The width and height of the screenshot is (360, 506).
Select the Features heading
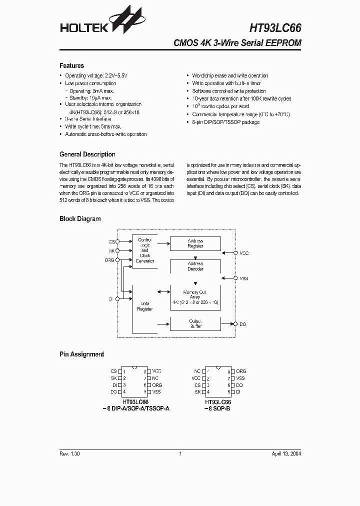point(71,65)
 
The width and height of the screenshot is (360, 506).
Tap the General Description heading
point(87,154)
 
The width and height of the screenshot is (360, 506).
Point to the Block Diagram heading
point(80,218)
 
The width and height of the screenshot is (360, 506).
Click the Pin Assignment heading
point(81,354)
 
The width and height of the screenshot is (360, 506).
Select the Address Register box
point(195,243)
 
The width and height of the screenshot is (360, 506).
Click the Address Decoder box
point(195,266)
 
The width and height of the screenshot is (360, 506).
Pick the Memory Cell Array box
point(195,297)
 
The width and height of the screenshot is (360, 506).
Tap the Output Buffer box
point(195,323)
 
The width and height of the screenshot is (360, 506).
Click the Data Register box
point(145,306)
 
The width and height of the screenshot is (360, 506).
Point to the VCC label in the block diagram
point(244,253)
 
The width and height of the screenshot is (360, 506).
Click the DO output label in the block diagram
point(243,324)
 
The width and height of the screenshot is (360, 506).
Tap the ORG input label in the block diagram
point(109,260)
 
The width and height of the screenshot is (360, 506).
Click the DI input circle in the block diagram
point(117,299)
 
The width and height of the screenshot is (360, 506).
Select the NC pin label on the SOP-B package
point(197,371)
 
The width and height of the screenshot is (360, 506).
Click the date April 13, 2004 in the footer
point(286,453)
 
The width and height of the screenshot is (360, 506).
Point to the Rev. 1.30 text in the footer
point(69,453)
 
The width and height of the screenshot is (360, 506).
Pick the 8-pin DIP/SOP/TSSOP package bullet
point(226,122)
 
